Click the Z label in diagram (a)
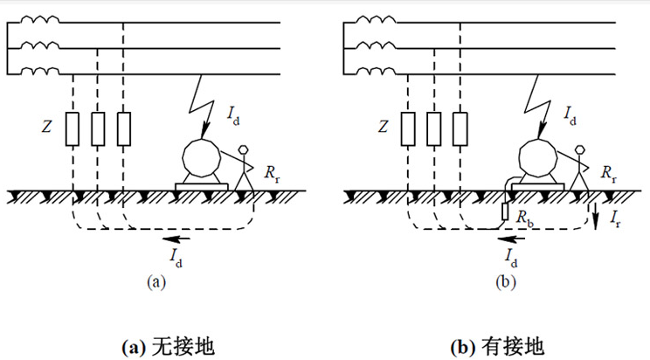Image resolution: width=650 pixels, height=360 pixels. click(49, 127)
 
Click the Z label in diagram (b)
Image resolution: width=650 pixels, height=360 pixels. click(384, 127)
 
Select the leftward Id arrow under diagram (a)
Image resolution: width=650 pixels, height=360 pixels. click(180, 237)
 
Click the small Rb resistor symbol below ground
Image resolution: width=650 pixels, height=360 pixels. click(504, 212)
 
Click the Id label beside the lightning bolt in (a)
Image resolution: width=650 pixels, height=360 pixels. click(234, 114)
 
